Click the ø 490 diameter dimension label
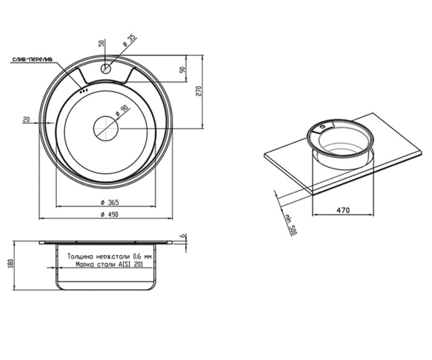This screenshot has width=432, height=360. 110,215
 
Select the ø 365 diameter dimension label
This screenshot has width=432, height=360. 110,202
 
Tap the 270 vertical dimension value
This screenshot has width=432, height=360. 199,91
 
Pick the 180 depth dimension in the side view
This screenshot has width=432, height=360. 12,264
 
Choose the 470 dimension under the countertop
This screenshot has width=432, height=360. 343,210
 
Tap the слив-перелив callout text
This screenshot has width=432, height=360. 32,59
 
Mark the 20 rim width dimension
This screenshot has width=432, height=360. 26,120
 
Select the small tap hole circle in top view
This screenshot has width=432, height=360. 106,68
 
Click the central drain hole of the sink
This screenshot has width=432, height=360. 106,128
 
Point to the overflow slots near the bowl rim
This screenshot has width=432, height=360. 84,90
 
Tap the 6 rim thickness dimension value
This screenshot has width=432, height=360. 183,236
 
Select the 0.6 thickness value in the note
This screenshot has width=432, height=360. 137,257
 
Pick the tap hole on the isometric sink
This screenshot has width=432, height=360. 323,127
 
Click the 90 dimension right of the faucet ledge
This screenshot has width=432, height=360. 182,70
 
